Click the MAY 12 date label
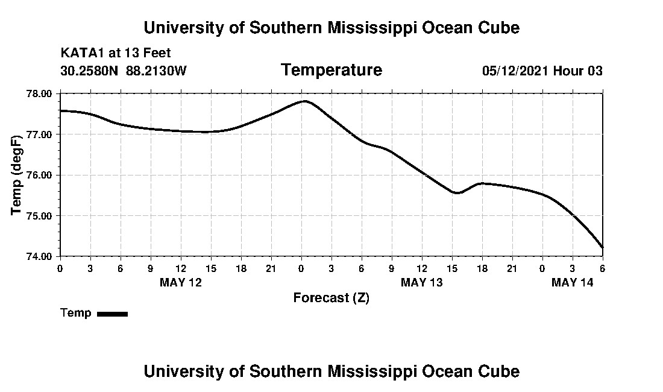181,282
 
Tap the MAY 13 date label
422,282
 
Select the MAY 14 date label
573,282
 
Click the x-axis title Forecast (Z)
331,298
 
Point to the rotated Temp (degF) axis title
16,175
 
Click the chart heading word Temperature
331,71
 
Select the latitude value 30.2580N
90,71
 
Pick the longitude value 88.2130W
156,71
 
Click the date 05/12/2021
515,71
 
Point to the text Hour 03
578,71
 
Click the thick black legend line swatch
112,314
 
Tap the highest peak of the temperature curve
306,101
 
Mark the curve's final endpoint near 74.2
602,247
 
